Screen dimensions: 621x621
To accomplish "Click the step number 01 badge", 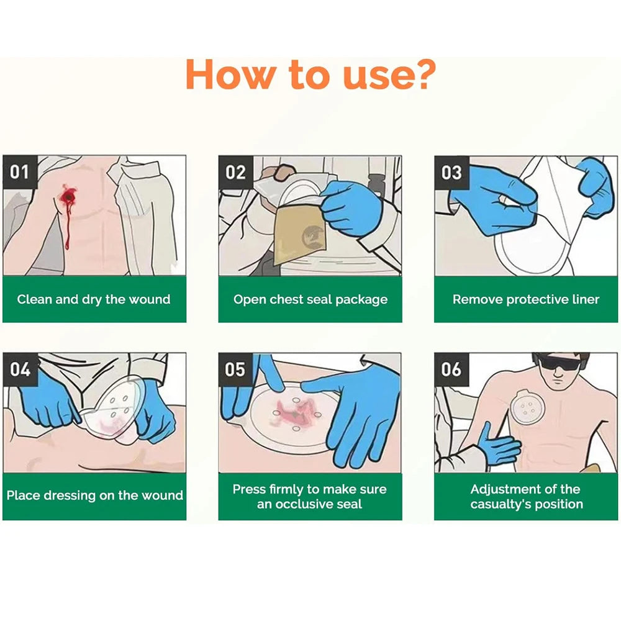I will click(19, 171).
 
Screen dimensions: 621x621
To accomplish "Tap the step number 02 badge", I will click(235, 171).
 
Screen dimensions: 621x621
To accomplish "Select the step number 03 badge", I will click(451, 171).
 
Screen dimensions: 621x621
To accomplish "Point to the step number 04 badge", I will click(19, 369).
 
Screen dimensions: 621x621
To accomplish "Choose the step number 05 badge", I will click(235, 369).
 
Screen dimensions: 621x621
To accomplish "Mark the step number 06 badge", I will click(451, 369).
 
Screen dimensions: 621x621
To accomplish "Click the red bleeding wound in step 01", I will click(66, 197).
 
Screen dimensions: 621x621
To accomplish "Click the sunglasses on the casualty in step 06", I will click(557, 362).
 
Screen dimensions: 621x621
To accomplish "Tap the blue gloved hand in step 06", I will click(496, 443).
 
